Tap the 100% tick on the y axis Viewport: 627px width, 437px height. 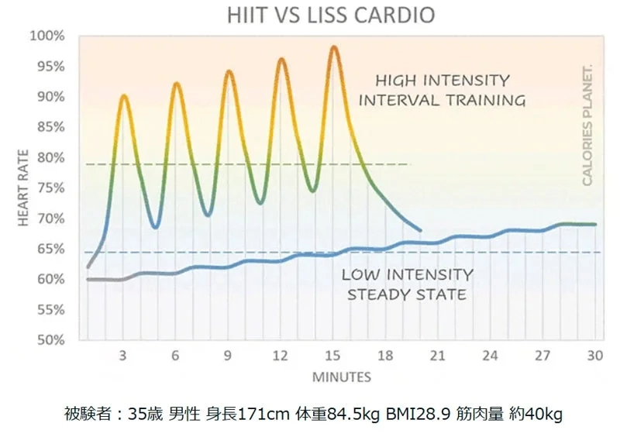(47, 36)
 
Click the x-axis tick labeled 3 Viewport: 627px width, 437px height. (122, 356)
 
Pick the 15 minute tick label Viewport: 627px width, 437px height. (332, 356)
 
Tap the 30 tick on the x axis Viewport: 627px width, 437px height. (595, 356)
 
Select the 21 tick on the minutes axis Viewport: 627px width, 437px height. (437, 356)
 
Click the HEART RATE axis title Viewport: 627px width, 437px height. (23, 188)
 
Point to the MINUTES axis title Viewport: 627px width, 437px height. (341, 377)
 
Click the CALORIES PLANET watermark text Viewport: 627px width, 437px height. (587, 125)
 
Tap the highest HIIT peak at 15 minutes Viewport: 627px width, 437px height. (333, 47)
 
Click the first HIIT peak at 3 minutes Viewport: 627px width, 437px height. (123, 96)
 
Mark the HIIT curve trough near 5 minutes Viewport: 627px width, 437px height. (156, 227)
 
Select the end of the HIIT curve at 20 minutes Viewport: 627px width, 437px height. (420, 230)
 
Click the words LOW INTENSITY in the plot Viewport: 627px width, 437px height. (407, 274)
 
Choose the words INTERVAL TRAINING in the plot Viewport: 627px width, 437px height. (442, 101)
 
